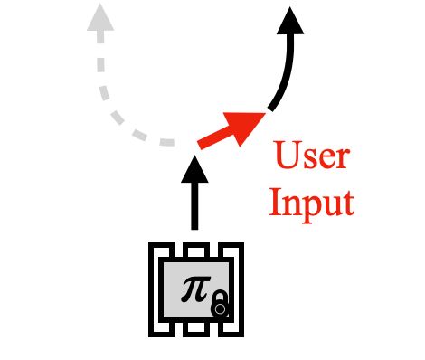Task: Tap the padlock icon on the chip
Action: tap(219, 307)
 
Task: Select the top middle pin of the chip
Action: tap(193, 249)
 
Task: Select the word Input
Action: tap(310, 202)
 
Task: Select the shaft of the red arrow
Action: tap(213, 137)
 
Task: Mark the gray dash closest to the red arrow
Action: tap(165, 142)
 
